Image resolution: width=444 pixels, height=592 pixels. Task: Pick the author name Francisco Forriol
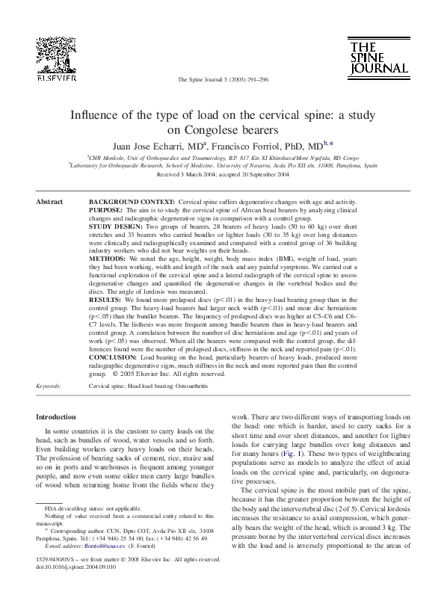point(241,146)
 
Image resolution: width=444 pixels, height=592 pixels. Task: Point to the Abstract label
point(49,203)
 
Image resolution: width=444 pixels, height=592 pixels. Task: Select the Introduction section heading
point(56,416)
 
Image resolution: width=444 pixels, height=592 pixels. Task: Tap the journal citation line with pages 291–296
point(222,78)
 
